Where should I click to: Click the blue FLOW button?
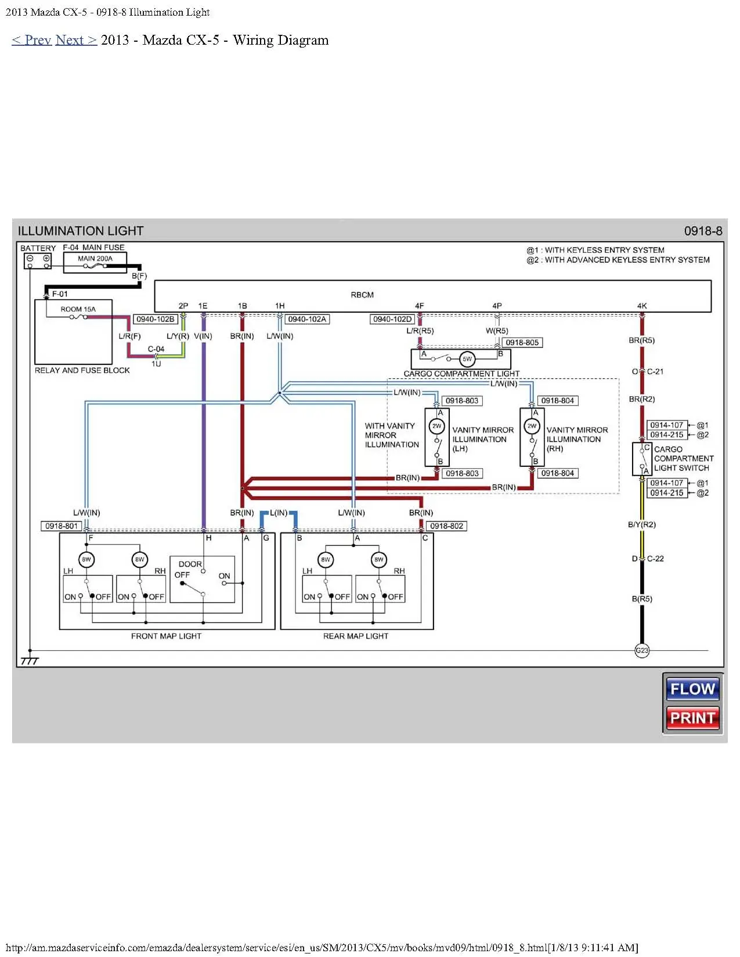coord(692,689)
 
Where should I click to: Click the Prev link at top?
coord(31,40)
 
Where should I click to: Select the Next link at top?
coord(75,40)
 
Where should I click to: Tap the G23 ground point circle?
coord(642,650)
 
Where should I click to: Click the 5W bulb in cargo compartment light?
coord(467,359)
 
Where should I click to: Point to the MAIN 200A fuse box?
coord(95,262)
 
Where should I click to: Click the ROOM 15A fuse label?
coord(78,309)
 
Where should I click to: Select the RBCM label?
coord(362,295)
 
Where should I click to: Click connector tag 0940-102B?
coord(155,319)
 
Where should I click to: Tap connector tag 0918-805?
coord(522,342)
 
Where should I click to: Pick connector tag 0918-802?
coord(446,526)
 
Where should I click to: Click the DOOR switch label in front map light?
coord(190,564)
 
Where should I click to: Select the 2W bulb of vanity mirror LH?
coord(436,426)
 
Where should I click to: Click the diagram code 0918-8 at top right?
coord(703,231)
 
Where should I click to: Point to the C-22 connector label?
coord(655,559)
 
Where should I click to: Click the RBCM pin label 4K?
coord(642,306)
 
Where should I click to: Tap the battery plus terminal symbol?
coord(46,259)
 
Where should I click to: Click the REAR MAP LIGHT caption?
coord(355,636)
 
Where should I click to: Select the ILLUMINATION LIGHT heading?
coord(81,231)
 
